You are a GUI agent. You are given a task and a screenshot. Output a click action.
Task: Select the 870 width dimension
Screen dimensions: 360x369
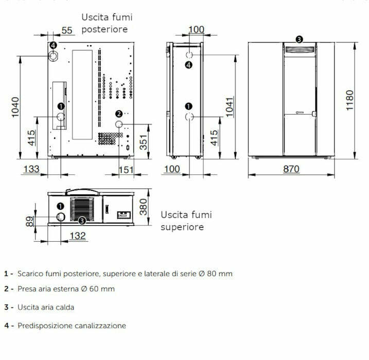[x=291, y=169]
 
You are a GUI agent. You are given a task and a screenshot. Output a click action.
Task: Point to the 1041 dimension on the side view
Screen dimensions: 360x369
[x=230, y=106]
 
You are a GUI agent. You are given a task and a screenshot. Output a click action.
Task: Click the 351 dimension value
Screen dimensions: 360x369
[x=144, y=139]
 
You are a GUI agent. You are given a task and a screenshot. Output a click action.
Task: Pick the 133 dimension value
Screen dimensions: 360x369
[x=31, y=169]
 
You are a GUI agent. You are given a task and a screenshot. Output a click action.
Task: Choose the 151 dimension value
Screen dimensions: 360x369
[x=126, y=169]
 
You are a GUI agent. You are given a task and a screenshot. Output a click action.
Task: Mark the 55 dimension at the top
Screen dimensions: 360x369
[x=67, y=30]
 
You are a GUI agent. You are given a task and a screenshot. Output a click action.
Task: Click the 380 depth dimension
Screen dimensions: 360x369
[x=144, y=206]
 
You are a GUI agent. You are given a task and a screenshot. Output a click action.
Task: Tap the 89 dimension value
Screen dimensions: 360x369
[x=30, y=221]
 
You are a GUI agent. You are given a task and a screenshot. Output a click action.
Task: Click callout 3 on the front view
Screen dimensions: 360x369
[x=299, y=39]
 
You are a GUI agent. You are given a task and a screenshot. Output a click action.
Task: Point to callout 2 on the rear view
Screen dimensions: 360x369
[x=118, y=114]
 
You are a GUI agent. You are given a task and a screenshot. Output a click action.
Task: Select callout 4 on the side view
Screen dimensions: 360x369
[x=189, y=65]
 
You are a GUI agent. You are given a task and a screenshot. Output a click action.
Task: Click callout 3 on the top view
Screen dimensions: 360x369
[x=82, y=221]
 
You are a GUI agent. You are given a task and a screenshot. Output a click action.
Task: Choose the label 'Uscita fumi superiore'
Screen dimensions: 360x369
[x=186, y=221]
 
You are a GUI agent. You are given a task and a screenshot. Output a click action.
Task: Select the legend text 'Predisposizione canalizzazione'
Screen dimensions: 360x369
[x=72, y=326]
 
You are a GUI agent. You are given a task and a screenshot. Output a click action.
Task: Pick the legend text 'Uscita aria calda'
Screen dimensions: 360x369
[x=46, y=307]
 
